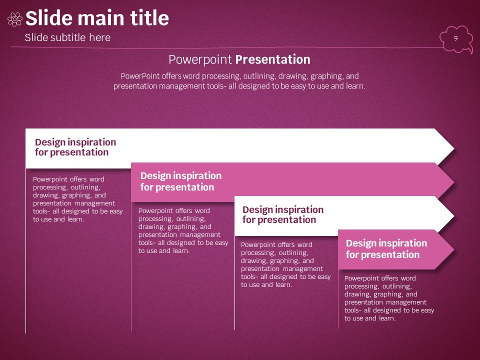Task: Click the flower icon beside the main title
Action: (x=14, y=19)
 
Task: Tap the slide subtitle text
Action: (x=67, y=37)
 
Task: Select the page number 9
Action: (x=456, y=38)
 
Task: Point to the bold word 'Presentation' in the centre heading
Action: (x=273, y=59)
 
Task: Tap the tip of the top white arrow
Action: (x=454, y=149)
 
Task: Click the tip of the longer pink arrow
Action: (x=454, y=182)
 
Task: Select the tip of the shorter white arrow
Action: (x=454, y=216)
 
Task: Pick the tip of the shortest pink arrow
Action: (x=454, y=250)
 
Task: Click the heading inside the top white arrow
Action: (x=75, y=147)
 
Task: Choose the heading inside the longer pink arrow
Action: (x=181, y=181)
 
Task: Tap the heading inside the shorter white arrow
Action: (x=283, y=214)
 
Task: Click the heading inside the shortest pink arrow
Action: (x=386, y=249)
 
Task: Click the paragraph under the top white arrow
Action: (x=78, y=199)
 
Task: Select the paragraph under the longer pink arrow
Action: (x=183, y=231)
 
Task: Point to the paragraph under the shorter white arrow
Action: (x=285, y=265)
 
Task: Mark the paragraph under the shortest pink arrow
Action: (x=389, y=298)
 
